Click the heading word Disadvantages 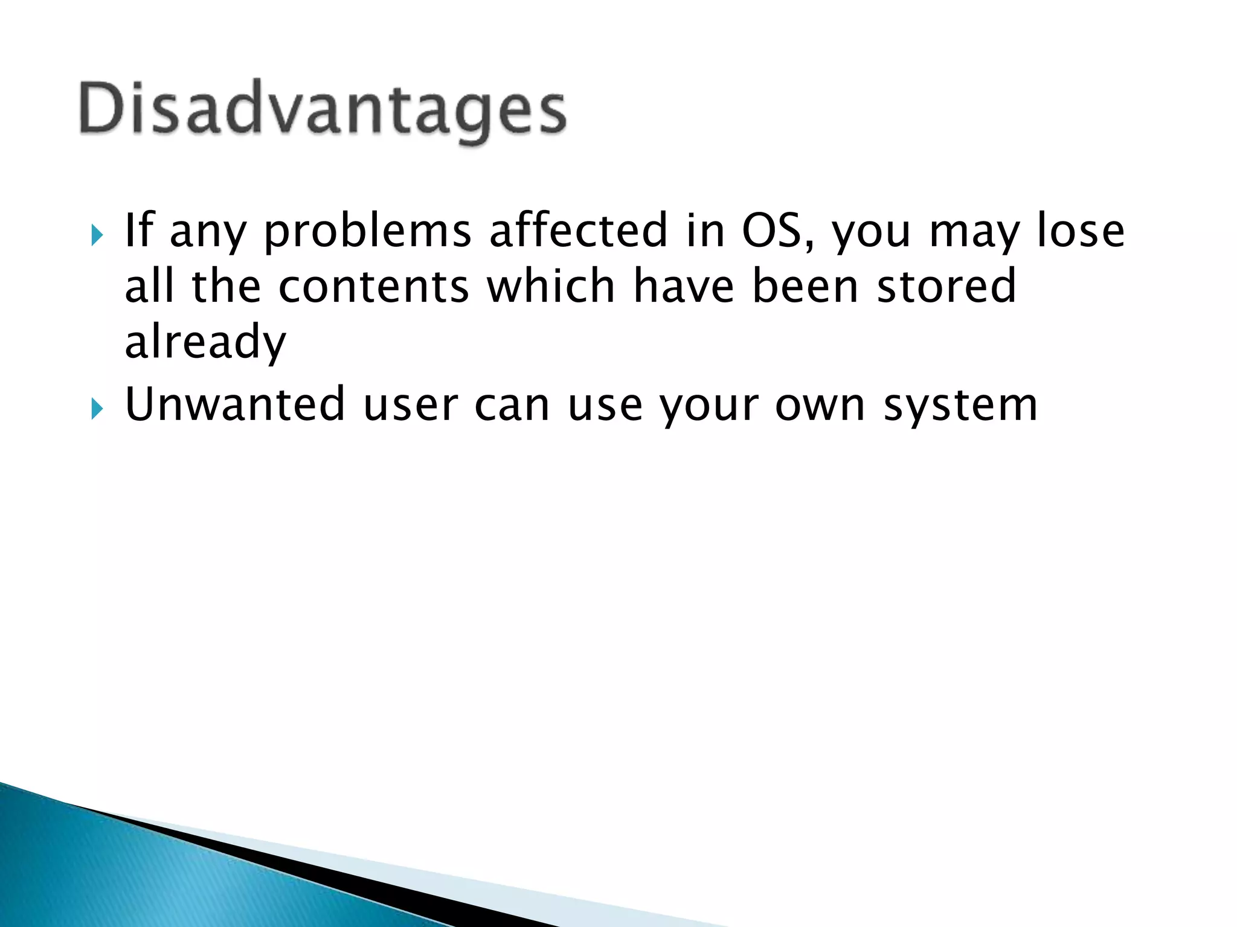323,110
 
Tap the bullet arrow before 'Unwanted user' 97,409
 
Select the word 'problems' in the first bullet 367,232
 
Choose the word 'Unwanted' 234,404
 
